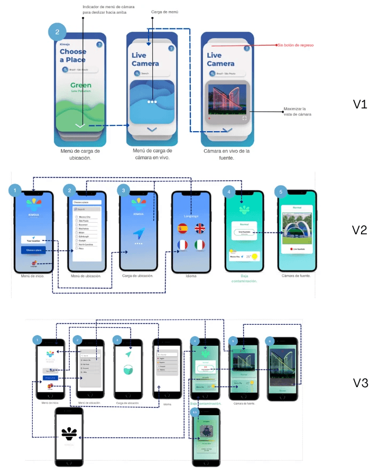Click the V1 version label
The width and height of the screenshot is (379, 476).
[360, 104]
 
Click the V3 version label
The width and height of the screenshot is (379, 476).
[360, 383]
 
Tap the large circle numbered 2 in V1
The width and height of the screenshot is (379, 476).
[57, 32]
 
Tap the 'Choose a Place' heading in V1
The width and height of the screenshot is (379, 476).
[73, 56]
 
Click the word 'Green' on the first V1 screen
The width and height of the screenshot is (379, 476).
[81, 85]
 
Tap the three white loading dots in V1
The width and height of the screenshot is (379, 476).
[152, 101]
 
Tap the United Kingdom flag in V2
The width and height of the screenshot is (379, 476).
[200, 228]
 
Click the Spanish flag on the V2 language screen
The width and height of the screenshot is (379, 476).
[183, 228]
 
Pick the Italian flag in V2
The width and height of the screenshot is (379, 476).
[200, 245]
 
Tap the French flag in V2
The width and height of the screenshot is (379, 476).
[183, 245]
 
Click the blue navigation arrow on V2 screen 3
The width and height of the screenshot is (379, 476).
[138, 232]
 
